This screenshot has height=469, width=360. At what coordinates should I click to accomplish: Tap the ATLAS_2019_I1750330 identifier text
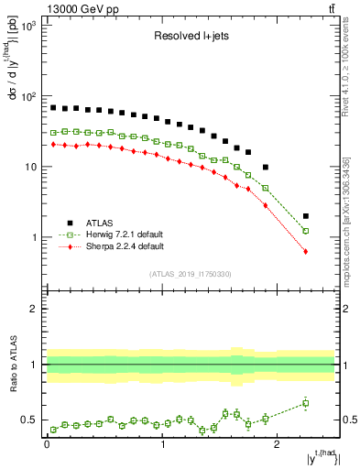pyautogui.click(x=190, y=273)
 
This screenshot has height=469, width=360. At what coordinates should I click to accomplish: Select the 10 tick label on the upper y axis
pyautogui.click(x=31, y=168)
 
